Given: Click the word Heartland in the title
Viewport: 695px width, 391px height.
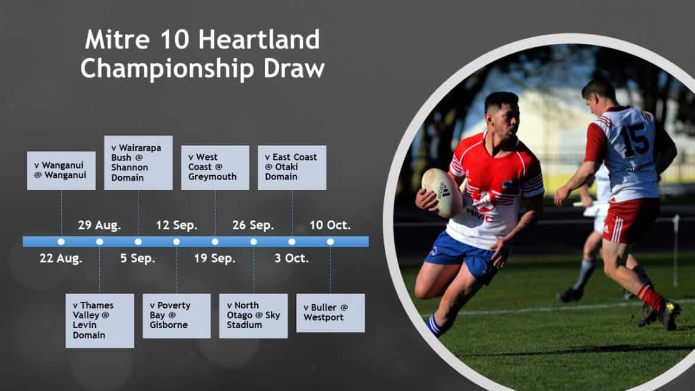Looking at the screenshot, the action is click(259, 39).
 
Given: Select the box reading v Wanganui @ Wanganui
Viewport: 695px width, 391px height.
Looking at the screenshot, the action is click(61, 171).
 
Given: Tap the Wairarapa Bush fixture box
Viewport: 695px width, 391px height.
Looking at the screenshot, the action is click(138, 163).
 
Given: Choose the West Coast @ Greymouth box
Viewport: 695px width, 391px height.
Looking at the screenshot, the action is click(215, 168).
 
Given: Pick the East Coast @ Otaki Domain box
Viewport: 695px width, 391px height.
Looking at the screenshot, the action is click(292, 168).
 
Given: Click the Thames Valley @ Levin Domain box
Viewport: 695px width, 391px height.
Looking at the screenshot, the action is click(100, 320).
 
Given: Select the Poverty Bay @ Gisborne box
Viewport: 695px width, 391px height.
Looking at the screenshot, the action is click(176, 316).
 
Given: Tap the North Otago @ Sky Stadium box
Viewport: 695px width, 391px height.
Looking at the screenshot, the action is click(254, 316).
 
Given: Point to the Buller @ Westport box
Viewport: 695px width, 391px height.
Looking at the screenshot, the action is click(331, 313).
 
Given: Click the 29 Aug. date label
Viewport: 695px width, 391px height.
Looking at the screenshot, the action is click(99, 225).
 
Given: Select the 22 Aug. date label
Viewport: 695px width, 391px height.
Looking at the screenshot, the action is click(61, 258).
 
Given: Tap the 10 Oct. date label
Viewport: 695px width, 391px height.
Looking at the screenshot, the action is click(330, 225).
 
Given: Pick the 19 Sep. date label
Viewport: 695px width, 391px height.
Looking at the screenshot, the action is click(215, 258).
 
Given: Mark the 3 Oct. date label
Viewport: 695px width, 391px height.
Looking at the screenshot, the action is click(292, 258).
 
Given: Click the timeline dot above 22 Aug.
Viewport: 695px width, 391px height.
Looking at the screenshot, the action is click(61, 242).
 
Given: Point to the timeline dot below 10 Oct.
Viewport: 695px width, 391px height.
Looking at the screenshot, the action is click(330, 242).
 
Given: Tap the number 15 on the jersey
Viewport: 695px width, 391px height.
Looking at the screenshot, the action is click(636, 140).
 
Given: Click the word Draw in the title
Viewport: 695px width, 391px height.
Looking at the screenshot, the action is click(294, 69).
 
